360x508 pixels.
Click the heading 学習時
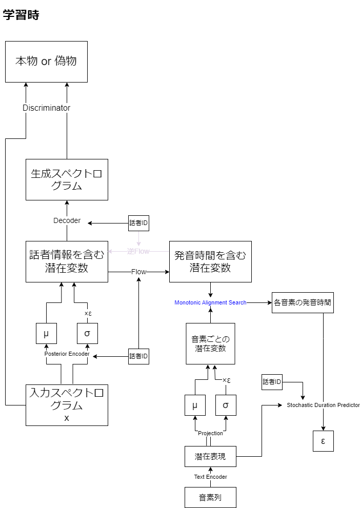(21, 15)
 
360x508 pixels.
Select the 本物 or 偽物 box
(46, 62)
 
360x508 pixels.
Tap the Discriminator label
(46, 108)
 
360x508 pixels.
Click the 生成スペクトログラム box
(67, 179)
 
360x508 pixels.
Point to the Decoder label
(67, 220)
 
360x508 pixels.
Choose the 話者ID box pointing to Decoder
(138, 223)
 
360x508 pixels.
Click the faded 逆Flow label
(138, 251)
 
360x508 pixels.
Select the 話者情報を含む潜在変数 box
(67, 261)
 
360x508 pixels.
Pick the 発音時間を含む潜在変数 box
(210, 261)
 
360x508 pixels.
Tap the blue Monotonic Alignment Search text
(210, 302)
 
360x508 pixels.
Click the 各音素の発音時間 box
(303, 302)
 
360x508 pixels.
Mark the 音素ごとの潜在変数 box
(210, 343)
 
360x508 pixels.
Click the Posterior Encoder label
(67, 354)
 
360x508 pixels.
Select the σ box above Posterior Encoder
(87, 333)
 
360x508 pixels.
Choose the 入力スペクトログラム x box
(67, 405)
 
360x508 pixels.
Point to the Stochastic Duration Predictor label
(323, 405)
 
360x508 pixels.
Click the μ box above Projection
(195, 405)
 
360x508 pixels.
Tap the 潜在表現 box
(210, 456)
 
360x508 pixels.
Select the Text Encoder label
(210, 477)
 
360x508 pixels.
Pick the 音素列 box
(210, 497)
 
